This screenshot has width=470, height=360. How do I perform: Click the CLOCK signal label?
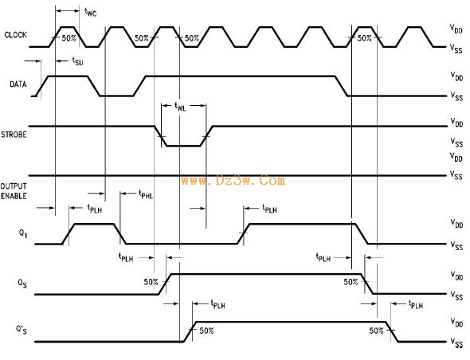coord(16,35)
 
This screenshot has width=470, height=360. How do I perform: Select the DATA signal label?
coord(18,84)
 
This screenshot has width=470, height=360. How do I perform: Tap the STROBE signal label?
coord(14,135)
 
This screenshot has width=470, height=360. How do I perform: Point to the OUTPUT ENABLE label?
coord(14,191)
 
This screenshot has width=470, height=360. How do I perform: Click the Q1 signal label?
coord(23,233)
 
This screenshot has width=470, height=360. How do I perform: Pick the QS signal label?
coord(22,283)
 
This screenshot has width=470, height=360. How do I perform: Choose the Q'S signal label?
coord(22,330)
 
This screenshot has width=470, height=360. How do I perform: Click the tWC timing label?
coord(91,12)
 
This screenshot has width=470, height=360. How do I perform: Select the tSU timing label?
coord(77,61)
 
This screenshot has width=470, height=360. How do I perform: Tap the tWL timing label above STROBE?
coord(180,107)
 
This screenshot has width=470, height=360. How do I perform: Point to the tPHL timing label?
coord(146,194)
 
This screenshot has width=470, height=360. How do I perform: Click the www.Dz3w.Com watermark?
coord(233,181)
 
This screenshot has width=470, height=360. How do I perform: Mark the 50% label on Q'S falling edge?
coord(376,331)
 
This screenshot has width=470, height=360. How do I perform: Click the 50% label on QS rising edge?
coord(151,282)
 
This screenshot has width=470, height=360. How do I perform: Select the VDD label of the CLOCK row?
coord(456,29)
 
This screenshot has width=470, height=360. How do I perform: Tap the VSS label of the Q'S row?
coord(456,342)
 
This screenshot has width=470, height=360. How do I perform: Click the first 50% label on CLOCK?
coord(69,38)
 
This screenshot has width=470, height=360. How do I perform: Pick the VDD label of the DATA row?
coord(456,76)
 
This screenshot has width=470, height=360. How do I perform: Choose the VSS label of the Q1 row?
coord(456,245)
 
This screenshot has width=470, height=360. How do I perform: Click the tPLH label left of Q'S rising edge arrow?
coord(217,304)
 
